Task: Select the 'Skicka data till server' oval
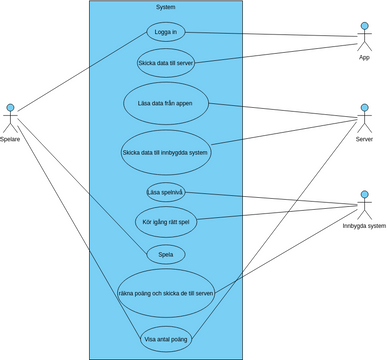[166, 63]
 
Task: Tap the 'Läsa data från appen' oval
[166, 104]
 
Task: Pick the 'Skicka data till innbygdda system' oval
[166, 152]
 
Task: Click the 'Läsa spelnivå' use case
[166, 192]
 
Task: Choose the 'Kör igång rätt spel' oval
[166, 222]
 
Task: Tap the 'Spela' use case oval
[166, 254]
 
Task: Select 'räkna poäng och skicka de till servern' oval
[166, 293]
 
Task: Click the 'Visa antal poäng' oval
[166, 340]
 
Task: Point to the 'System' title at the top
[166, 8]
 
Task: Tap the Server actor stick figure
[364, 118]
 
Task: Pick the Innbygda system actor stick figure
[364, 204]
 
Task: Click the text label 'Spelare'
[11, 139]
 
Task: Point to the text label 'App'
[364, 58]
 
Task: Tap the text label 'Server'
[364, 139]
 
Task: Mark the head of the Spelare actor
[11, 107]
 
